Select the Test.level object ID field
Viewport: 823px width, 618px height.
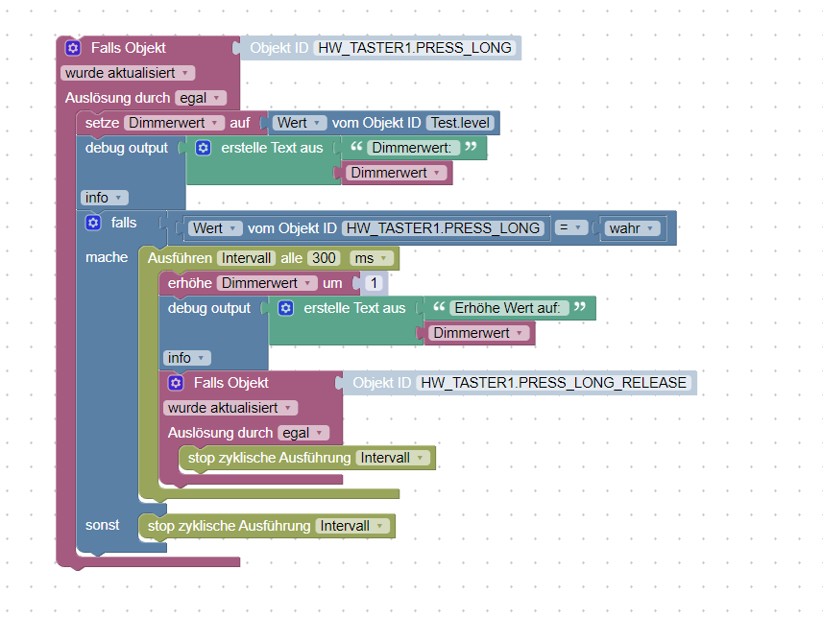(x=460, y=123)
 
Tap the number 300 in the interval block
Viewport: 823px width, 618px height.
(x=325, y=258)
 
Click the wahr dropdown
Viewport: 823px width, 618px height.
(x=634, y=227)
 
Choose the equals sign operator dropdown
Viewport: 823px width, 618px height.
(x=571, y=227)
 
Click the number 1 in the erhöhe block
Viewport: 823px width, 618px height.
(x=375, y=283)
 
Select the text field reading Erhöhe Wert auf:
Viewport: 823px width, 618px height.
(x=509, y=308)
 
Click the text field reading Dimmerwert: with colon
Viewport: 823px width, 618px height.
(x=410, y=148)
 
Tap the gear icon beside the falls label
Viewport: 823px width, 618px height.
(x=93, y=223)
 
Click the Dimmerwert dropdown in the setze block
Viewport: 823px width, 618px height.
(x=174, y=123)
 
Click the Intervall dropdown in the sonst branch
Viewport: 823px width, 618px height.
(x=352, y=526)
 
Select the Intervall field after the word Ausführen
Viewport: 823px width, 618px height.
(x=246, y=258)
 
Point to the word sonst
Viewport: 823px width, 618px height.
(x=103, y=525)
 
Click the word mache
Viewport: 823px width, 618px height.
(x=107, y=257)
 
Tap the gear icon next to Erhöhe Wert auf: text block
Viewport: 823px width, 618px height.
(x=285, y=308)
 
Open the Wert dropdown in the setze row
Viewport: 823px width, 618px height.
(x=297, y=123)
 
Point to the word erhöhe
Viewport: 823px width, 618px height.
(x=189, y=283)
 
